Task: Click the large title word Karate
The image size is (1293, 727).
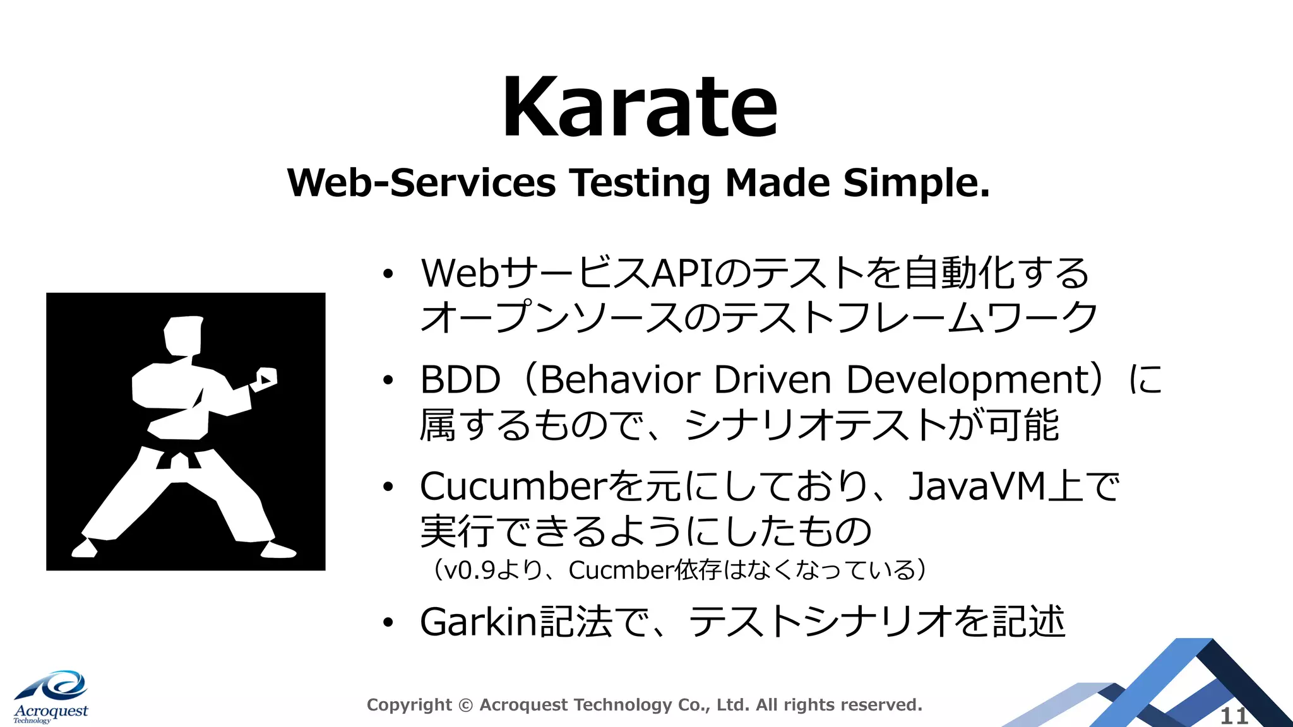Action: tap(639, 107)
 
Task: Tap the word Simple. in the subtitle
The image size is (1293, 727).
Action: tap(916, 184)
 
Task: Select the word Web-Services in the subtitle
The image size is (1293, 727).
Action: tap(421, 184)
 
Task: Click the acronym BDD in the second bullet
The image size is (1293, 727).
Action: tap(460, 381)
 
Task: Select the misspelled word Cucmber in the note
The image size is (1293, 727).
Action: tap(621, 570)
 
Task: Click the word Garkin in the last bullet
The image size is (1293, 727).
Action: tap(478, 622)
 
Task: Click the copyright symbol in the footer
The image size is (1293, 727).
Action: tap(465, 705)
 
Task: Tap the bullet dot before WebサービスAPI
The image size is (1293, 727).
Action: tap(388, 274)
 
